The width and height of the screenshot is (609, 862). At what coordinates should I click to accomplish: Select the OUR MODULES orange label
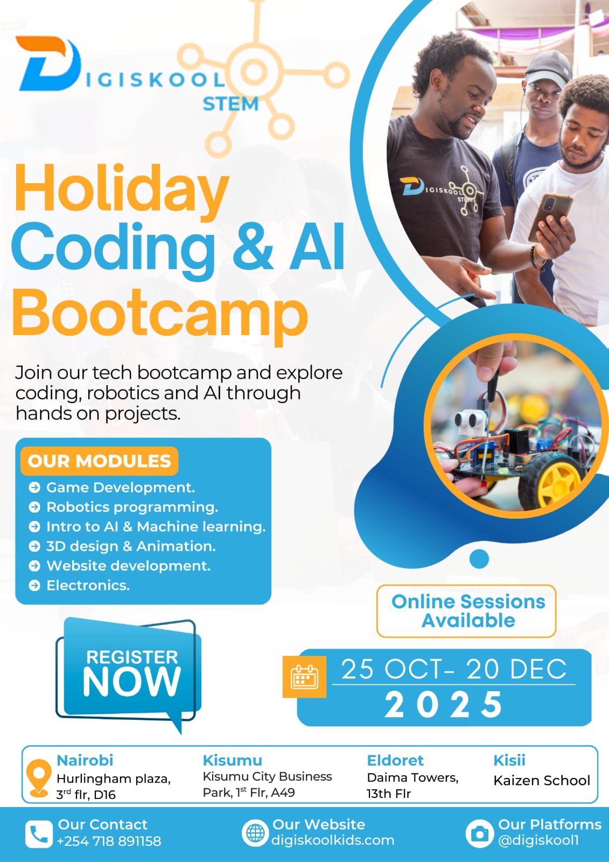coord(99,461)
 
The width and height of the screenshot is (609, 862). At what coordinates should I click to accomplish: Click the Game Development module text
coord(120,488)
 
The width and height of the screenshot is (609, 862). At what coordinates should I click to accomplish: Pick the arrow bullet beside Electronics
coord(34,586)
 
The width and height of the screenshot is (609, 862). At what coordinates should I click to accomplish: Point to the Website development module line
coord(128,566)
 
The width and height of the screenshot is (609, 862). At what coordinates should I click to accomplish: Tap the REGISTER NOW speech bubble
coord(130,673)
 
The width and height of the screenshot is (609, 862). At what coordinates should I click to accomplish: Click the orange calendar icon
coord(304,677)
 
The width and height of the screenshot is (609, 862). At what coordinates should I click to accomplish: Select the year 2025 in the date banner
coord(444,705)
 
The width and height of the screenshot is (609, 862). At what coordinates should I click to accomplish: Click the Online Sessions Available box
coord(467,611)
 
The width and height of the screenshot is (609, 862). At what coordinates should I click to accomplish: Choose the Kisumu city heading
coord(232,760)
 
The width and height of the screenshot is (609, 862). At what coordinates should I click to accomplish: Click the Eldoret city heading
coord(395,760)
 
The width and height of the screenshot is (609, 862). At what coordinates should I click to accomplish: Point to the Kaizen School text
coord(542,780)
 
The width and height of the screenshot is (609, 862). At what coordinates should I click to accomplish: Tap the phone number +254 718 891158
coord(109,841)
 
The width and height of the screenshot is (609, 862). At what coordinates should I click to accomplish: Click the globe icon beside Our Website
coord(255,833)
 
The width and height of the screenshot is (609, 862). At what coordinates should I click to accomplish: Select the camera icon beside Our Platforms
coord(479,833)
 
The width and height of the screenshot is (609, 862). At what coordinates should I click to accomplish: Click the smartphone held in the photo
coord(550,215)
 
